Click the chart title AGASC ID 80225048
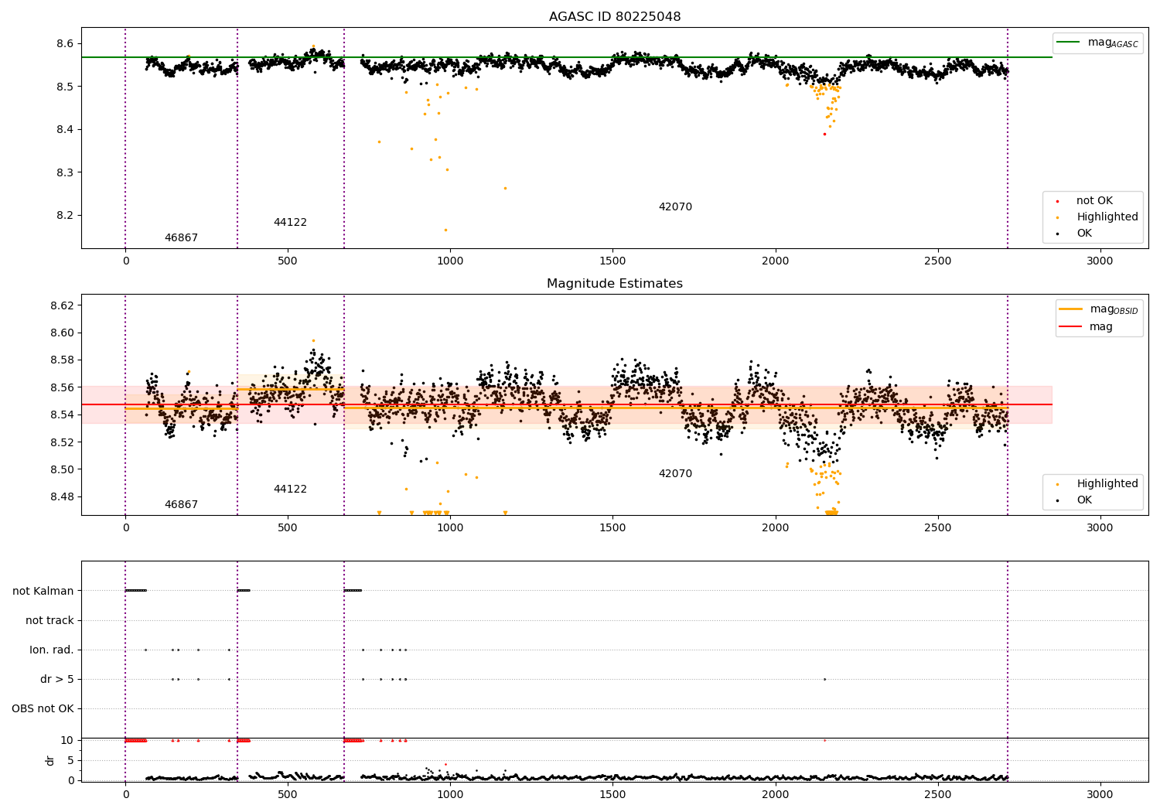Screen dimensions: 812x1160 tap(615, 17)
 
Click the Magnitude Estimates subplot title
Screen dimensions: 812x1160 tap(615, 284)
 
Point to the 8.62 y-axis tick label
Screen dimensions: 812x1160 tap(63, 305)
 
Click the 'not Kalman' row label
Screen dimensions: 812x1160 tap(43, 591)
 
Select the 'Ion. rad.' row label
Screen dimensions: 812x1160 tap(52, 650)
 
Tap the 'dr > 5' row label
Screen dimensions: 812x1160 tap(57, 679)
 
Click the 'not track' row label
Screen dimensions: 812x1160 tap(49, 620)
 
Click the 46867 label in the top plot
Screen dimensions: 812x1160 tap(181, 238)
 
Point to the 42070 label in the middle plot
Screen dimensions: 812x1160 tap(675, 474)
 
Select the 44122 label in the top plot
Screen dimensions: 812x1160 tap(290, 223)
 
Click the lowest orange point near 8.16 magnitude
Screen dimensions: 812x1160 tap(445, 230)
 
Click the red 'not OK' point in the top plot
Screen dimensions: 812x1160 tap(824, 134)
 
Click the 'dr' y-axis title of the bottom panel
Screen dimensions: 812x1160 tap(50, 760)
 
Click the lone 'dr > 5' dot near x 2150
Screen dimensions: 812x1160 tap(824, 679)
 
